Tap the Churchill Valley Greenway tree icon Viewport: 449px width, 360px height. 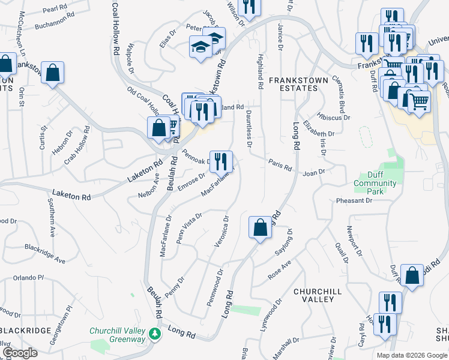tap(155, 333)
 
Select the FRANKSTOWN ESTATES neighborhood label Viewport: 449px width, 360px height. tap(293, 84)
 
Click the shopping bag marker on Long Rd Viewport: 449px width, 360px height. tap(260, 227)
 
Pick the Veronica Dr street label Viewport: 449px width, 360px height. tap(220, 231)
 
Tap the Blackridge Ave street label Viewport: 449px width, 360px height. tap(44, 254)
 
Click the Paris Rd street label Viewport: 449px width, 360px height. tap(280, 164)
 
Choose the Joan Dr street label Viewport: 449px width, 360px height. tap(313, 172)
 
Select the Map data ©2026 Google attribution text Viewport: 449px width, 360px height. tap(411, 355)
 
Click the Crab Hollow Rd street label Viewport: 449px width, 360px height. tap(77, 142)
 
